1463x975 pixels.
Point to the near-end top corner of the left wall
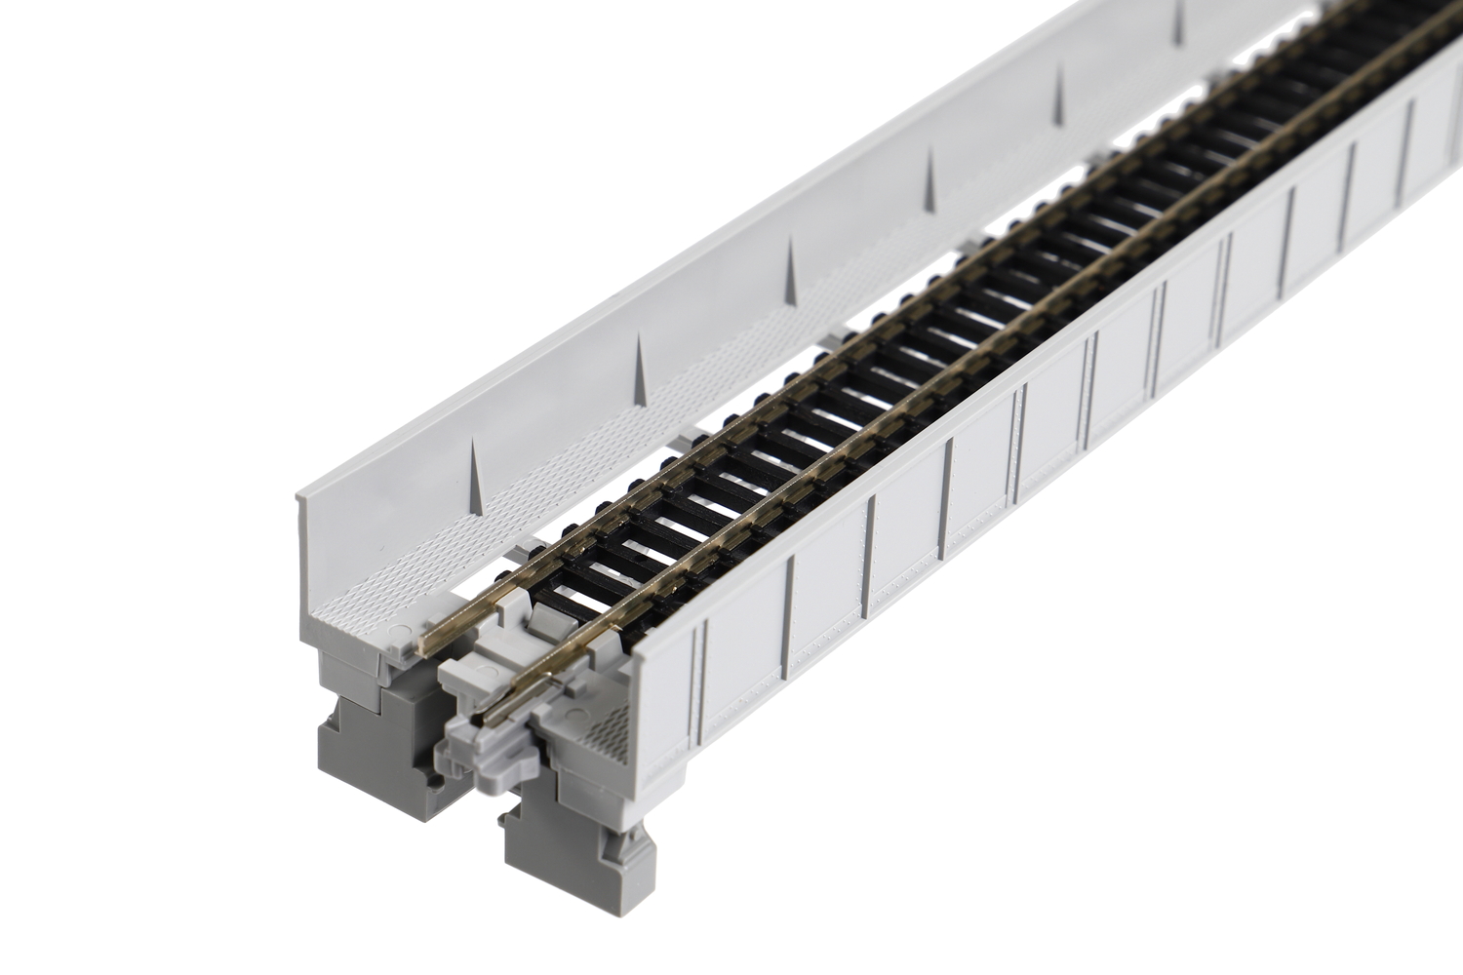point(300,497)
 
